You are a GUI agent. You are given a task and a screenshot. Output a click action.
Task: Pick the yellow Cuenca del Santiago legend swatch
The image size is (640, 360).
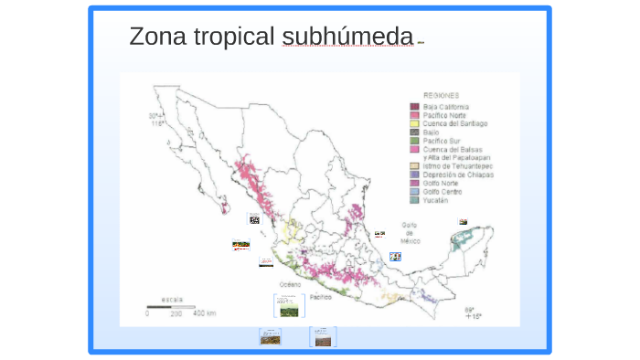(414, 123)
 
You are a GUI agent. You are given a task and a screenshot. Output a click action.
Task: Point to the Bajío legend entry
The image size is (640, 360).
(432, 132)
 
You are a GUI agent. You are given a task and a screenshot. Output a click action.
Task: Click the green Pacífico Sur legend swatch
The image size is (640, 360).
(414, 141)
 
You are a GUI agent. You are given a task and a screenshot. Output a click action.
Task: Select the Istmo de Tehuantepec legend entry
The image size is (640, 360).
(457, 166)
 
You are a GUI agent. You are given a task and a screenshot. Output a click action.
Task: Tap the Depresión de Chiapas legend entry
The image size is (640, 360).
(458, 175)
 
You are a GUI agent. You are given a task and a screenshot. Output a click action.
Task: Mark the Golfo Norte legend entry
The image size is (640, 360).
(443, 184)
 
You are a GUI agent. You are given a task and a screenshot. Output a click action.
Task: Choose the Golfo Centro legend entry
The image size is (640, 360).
(444, 192)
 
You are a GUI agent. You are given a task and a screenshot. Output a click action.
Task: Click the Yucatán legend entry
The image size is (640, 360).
(436, 200)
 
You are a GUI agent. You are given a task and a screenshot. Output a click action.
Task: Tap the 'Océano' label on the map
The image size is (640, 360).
(290, 284)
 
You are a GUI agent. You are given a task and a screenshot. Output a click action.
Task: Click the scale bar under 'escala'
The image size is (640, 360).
(173, 306)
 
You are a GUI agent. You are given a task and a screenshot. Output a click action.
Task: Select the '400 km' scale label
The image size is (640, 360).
(204, 313)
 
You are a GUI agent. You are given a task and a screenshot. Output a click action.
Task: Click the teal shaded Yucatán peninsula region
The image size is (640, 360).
(468, 242)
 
